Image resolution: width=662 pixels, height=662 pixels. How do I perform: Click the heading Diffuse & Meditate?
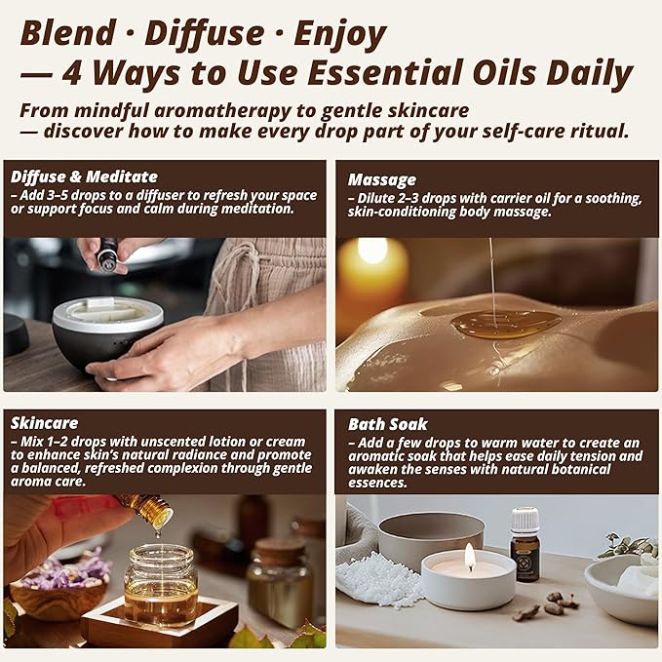tap(84, 176)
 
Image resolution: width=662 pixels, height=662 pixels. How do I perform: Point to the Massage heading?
tap(382, 179)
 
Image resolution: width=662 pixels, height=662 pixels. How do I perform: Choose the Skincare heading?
tap(44, 423)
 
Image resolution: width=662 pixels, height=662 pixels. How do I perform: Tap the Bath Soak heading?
tap(388, 424)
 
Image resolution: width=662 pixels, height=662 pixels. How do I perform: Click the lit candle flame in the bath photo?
tap(469, 556)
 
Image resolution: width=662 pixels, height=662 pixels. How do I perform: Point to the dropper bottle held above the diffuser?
tap(107, 255)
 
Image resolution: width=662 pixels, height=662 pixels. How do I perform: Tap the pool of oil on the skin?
tap(505, 324)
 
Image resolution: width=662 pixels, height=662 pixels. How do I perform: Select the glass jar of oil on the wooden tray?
tap(161, 584)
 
